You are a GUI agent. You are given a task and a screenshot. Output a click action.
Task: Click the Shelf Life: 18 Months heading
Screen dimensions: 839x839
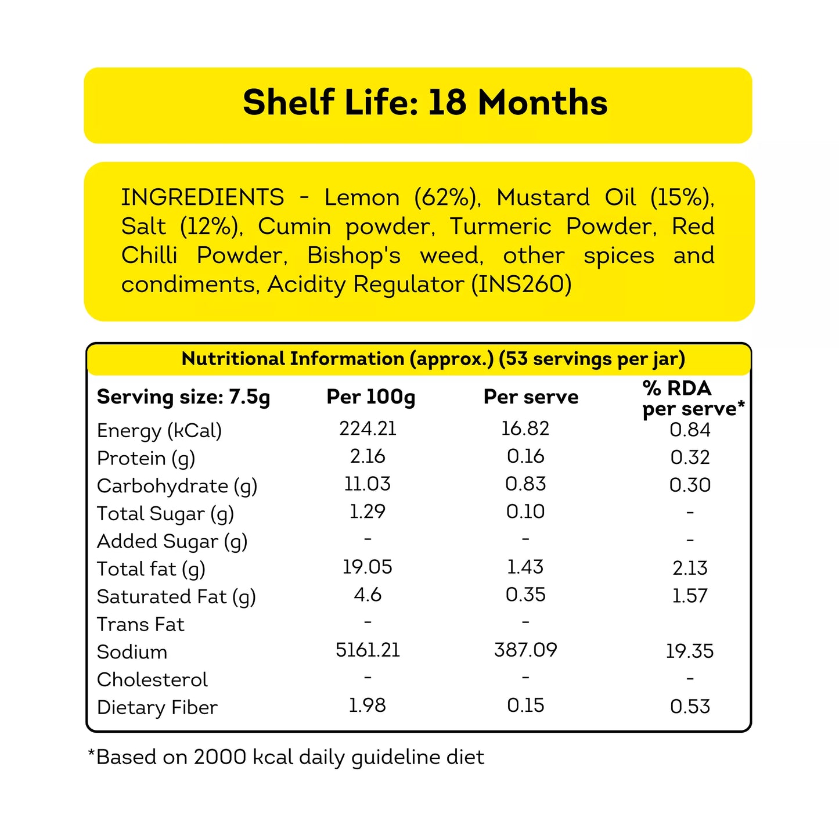click(x=425, y=103)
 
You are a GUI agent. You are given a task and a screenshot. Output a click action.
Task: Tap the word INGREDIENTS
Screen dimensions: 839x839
click(x=203, y=197)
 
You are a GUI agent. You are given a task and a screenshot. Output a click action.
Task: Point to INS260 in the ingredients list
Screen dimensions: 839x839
click(x=521, y=285)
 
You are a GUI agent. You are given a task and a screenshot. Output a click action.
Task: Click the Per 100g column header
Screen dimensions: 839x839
click(x=370, y=397)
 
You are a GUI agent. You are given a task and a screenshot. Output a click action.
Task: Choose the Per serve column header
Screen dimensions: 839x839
click(x=531, y=397)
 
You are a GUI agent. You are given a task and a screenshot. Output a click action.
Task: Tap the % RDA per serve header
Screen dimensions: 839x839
click(x=693, y=398)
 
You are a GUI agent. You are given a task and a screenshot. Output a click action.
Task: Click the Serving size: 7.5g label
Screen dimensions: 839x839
click(x=183, y=397)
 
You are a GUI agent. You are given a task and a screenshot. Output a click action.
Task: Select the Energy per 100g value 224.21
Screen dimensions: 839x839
click(x=368, y=428)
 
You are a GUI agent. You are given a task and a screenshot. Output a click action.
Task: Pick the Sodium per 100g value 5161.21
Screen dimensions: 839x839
click(x=368, y=650)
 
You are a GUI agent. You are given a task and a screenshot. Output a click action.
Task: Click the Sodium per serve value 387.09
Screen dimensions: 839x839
click(x=525, y=650)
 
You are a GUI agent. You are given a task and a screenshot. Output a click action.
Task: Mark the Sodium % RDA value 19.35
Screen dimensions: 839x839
click(x=690, y=651)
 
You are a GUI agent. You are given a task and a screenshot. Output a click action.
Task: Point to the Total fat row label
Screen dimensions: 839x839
click(x=151, y=569)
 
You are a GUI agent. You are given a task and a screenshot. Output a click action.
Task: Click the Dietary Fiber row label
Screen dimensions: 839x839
click(x=157, y=707)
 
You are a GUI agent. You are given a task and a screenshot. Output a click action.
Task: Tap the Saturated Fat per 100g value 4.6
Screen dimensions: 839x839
click(x=368, y=595)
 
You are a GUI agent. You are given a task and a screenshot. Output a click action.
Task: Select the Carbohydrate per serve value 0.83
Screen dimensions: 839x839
click(x=525, y=484)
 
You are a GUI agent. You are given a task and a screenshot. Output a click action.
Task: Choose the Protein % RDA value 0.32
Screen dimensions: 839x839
click(x=690, y=458)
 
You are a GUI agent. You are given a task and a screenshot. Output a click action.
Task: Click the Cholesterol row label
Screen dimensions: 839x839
click(x=152, y=679)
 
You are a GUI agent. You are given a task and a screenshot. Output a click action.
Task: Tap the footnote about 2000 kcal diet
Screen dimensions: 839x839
click(x=286, y=757)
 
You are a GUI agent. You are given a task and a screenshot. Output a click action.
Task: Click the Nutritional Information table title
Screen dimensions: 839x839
click(x=433, y=359)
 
